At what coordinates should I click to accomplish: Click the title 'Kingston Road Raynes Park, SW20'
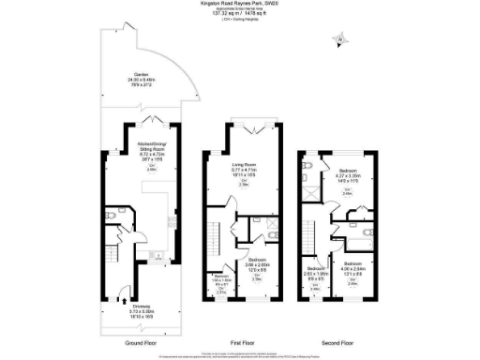(x=240, y=4)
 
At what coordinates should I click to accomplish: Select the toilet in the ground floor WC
(x=110, y=217)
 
